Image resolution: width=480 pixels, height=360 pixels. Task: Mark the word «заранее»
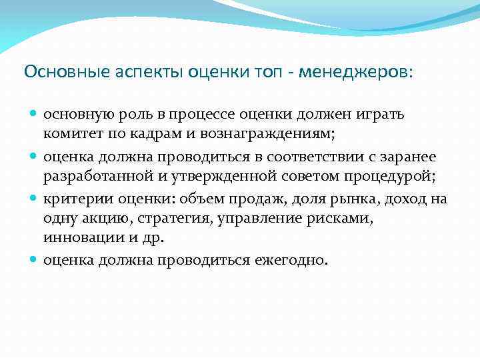408,157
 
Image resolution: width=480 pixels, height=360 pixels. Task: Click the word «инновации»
75,237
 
